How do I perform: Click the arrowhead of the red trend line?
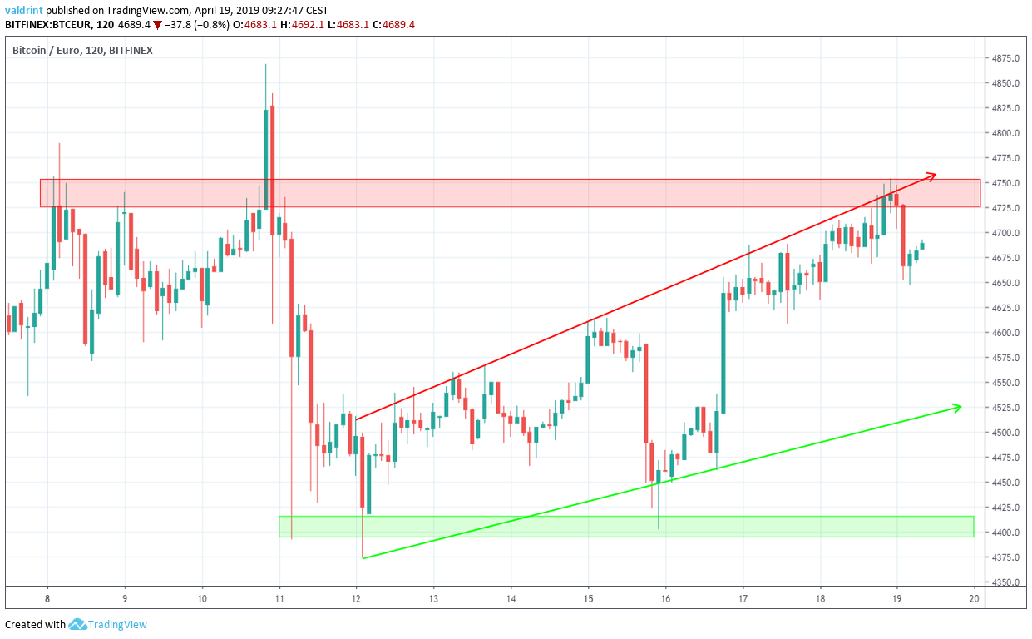[933, 175]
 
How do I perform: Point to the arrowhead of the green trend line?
[958, 407]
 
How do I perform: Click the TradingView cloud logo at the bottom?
[78, 624]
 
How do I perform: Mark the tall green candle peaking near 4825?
[266, 158]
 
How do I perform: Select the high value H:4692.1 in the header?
[309, 25]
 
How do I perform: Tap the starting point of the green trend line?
[363, 557]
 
